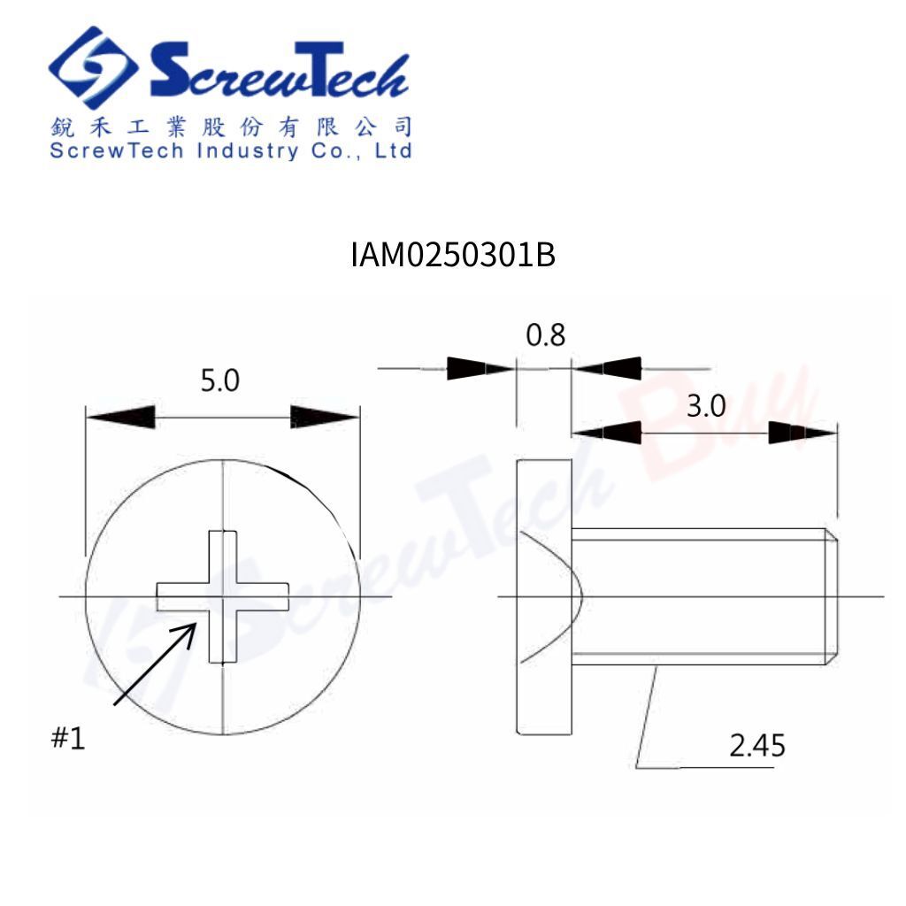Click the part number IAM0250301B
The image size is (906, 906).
coord(453,255)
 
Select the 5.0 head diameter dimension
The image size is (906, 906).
coord(220,380)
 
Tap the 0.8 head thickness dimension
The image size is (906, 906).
coord(545,335)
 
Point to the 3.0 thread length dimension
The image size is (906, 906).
coord(706,406)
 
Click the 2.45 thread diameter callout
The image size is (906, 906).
coord(757,745)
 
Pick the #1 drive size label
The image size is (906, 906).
coord(68,738)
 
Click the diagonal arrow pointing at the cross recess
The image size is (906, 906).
coord(155,664)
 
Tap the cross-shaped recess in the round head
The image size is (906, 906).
coord(222,597)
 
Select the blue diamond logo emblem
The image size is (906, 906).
coord(93,67)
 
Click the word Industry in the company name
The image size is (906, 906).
coord(248,151)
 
